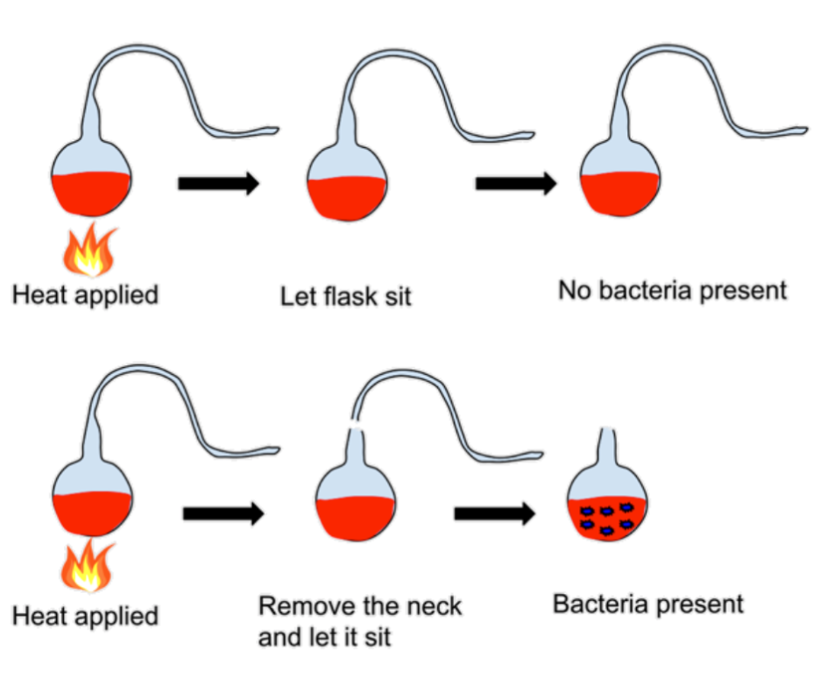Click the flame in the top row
(x=89, y=250)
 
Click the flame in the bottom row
(x=87, y=566)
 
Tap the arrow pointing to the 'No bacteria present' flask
(x=516, y=183)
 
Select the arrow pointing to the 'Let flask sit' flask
(x=219, y=183)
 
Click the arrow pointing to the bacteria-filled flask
(x=495, y=513)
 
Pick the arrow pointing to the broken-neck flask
(x=223, y=513)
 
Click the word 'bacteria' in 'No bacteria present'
(x=646, y=290)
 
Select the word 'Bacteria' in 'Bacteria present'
(x=601, y=604)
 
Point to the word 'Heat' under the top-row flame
(x=40, y=294)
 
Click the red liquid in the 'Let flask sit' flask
(x=347, y=199)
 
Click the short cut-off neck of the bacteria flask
(x=607, y=446)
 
